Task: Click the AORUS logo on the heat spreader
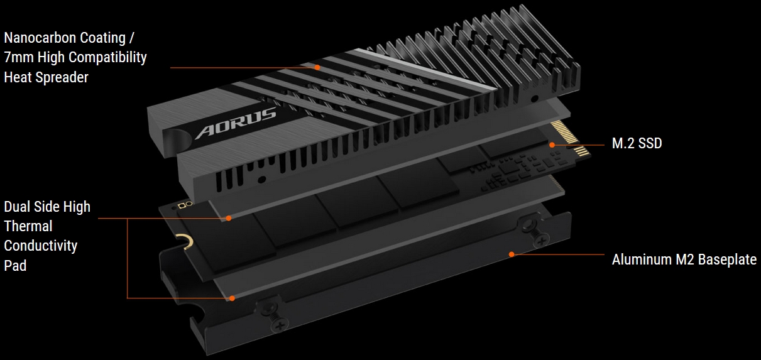coord(236,123)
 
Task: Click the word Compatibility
coord(107,57)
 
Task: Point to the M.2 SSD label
coord(637,143)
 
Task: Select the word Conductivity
coord(41,246)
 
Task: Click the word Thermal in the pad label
coord(28,226)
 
